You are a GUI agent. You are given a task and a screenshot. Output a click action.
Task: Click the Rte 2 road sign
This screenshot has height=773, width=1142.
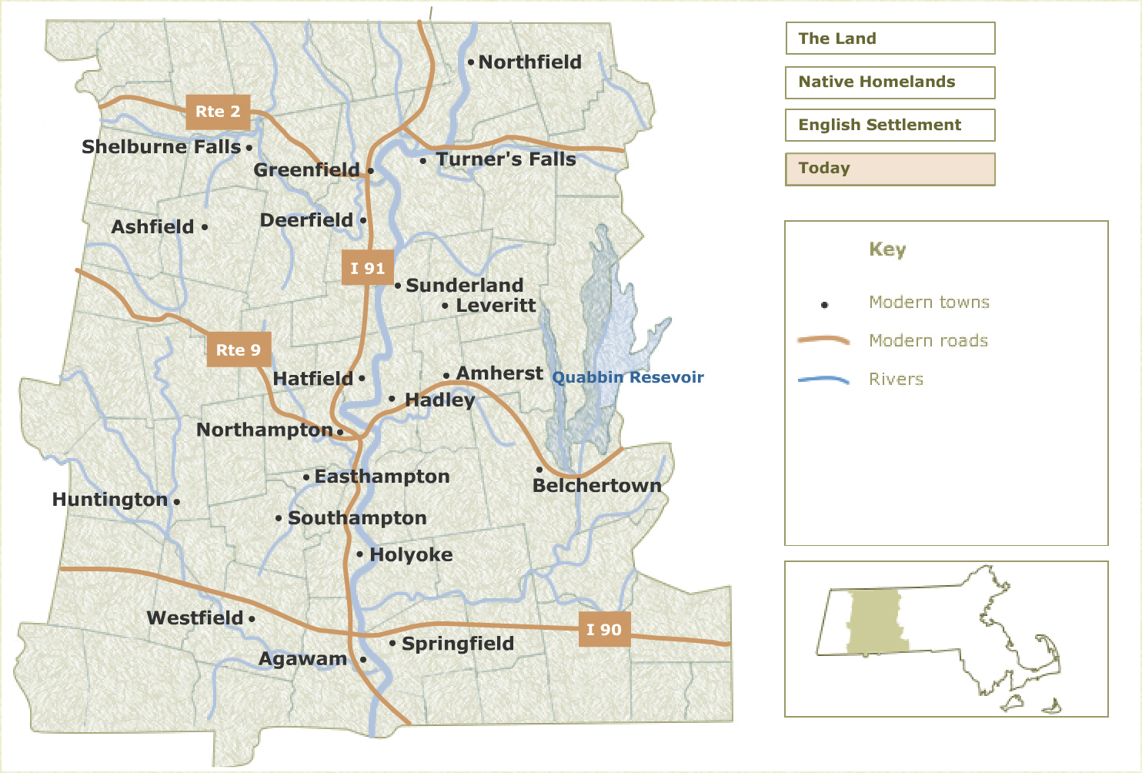point(218,112)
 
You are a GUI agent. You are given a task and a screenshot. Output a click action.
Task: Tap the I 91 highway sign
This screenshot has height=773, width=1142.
point(367,268)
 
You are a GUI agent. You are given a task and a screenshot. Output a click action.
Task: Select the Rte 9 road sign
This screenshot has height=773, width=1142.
point(238,350)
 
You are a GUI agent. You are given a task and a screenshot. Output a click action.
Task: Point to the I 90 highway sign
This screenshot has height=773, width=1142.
point(604,630)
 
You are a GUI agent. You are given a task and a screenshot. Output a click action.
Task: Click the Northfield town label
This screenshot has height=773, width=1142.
point(529,62)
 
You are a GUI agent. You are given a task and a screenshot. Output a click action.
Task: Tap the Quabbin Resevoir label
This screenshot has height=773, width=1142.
point(628,377)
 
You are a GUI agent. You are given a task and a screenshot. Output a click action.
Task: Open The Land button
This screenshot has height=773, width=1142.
point(890,38)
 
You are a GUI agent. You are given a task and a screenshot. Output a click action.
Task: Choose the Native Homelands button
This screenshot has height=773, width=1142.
point(890,82)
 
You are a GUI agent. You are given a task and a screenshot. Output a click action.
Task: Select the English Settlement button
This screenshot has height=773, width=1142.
point(890,125)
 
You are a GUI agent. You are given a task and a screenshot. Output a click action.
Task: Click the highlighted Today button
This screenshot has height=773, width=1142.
point(890,169)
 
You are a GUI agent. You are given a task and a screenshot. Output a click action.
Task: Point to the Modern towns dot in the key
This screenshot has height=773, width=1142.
point(824,305)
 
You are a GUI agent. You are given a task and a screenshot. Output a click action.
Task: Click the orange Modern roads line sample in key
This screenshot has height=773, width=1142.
point(823,340)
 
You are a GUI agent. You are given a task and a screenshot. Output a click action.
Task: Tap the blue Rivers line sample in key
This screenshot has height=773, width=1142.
point(823,380)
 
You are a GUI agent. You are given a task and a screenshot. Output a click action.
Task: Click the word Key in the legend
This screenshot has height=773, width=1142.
point(887,249)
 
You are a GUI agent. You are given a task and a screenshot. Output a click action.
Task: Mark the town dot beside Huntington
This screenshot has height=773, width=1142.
point(177,501)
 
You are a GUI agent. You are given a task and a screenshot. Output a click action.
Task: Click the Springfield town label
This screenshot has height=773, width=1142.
point(457,644)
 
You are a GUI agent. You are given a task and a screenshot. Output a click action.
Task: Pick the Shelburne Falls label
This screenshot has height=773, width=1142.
point(161,147)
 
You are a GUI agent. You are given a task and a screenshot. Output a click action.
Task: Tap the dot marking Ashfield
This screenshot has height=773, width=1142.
point(205,227)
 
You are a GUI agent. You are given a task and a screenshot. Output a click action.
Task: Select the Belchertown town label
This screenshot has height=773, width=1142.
point(596,486)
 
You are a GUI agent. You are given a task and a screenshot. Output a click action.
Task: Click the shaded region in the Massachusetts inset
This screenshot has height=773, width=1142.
point(875,622)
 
